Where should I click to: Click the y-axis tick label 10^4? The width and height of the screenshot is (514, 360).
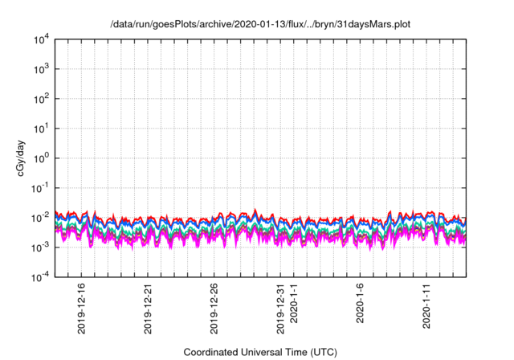[40, 39]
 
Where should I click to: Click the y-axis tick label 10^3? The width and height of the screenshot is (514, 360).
[40, 69]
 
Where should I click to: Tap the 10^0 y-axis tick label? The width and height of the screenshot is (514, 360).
[40, 158]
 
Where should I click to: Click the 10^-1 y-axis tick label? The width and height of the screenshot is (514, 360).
[39, 188]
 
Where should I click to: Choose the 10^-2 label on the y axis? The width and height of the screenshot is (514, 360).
[39, 218]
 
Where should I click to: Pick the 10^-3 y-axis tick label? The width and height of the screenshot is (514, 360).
[39, 247]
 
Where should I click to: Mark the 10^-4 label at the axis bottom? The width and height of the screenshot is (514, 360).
[39, 277]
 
